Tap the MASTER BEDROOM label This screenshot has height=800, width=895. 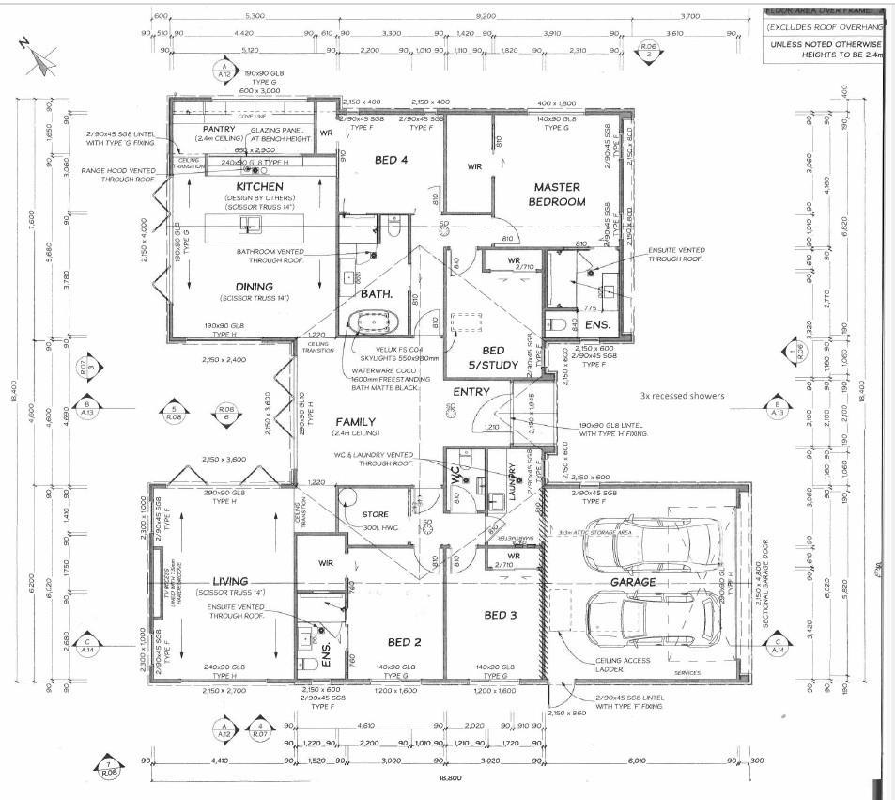[560, 195]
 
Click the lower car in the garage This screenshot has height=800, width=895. [649, 619]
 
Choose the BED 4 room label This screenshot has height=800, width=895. [391, 160]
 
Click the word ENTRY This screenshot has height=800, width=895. [471, 391]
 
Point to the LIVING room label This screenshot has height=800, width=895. [230, 581]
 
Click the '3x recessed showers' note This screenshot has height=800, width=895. [683, 396]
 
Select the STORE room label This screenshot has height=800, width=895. [375, 514]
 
